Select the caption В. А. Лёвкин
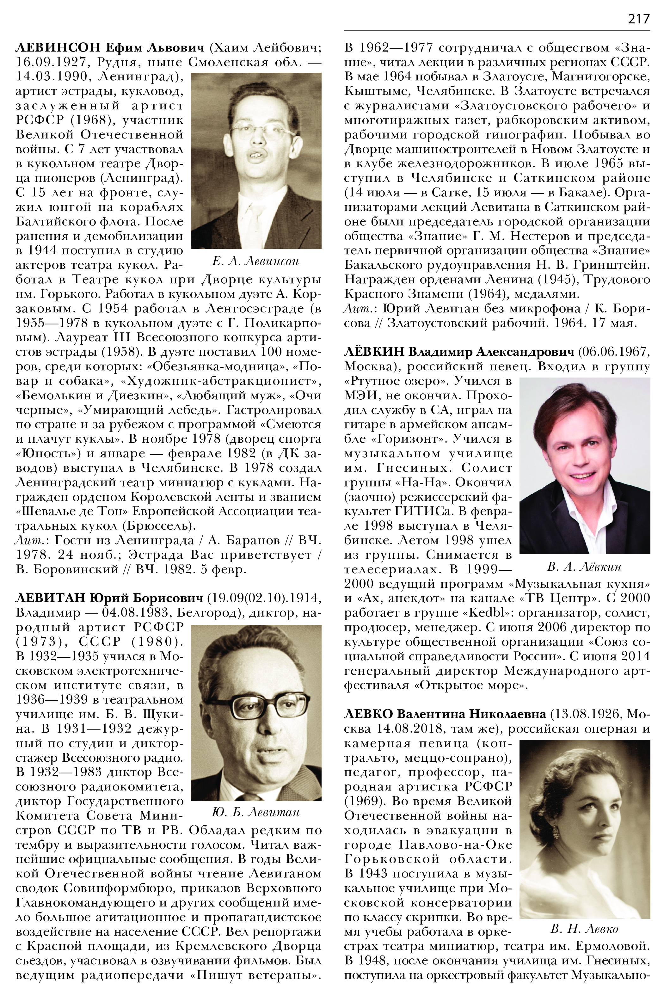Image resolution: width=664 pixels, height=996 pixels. (x=584, y=567)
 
